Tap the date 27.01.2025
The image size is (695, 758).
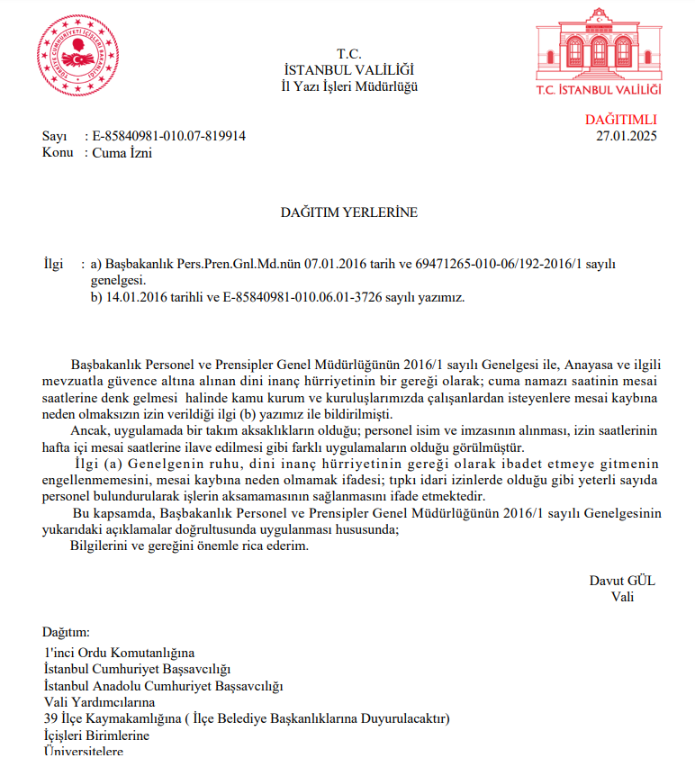pyautogui.click(x=627, y=136)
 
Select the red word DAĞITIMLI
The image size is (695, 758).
pyautogui.click(x=621, y=120)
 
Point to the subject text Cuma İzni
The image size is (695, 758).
pyautogui.click(x=123, y=152)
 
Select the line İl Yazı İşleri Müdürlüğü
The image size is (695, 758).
pyautogui.click(x=349, y=86)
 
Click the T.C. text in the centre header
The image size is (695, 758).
pyautogui.click(x=349, y=53)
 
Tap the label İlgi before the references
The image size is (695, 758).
pyautogui.click(x=54, y=264)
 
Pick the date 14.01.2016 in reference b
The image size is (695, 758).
pyautogui.click(x=132, y=296)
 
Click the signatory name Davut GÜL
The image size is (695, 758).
pyautogui.click(x=622, y=581)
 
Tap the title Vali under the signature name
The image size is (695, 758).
pyautogui.click(x=622, y=596)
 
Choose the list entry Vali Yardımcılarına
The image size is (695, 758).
pyautogui.click(x=99, y=702)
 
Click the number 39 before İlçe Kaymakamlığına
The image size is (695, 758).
pyautogui.click(x=50, y=718)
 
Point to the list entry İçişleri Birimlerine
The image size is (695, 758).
pyautogui.click(x=96, y=735)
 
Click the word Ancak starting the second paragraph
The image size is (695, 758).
pyautogui.click(x=88, y=430)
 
